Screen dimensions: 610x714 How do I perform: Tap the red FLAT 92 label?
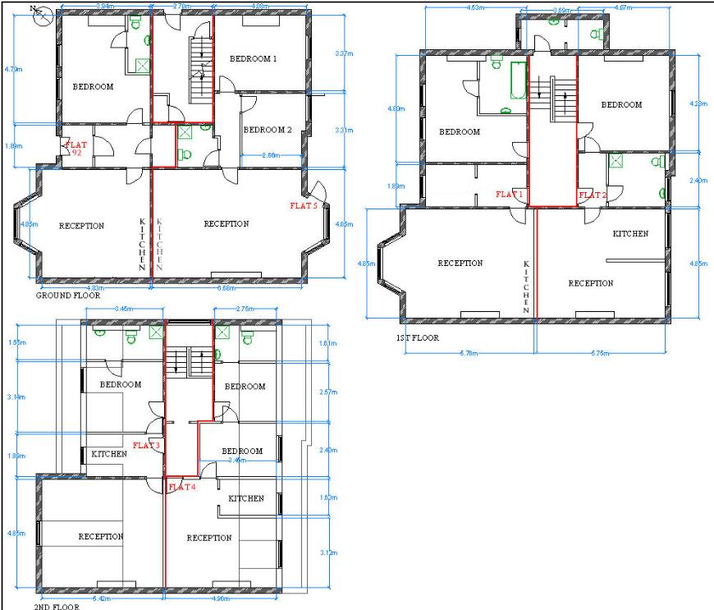pos(76,148)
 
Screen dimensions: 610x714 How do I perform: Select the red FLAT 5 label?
pos(304,205)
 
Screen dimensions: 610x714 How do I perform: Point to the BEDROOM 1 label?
pos(253,59)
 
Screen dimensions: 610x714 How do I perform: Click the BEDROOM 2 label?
pos(268,130)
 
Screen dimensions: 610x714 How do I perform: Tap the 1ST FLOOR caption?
pos(417,337)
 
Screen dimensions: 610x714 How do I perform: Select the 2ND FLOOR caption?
pos(57,608)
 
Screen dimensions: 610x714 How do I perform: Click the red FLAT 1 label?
pos(510,194)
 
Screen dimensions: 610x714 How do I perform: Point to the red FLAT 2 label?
pos(592,195)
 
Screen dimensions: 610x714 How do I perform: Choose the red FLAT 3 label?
pos(146,445)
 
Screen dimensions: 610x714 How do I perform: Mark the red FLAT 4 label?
pos(182,487)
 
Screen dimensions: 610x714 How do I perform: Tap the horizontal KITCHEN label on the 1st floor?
pos(630,234)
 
